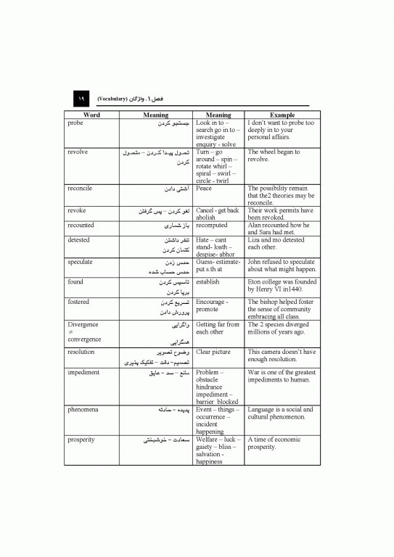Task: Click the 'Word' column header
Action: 92,115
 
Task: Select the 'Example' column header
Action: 282,115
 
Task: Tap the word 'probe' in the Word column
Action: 75,123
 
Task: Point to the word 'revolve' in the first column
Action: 77,152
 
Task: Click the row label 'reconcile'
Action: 80,188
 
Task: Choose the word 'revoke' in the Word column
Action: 76,210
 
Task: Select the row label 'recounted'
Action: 81,224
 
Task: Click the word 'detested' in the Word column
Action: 78,239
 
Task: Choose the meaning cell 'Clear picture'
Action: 216,352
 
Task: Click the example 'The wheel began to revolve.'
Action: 274,156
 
